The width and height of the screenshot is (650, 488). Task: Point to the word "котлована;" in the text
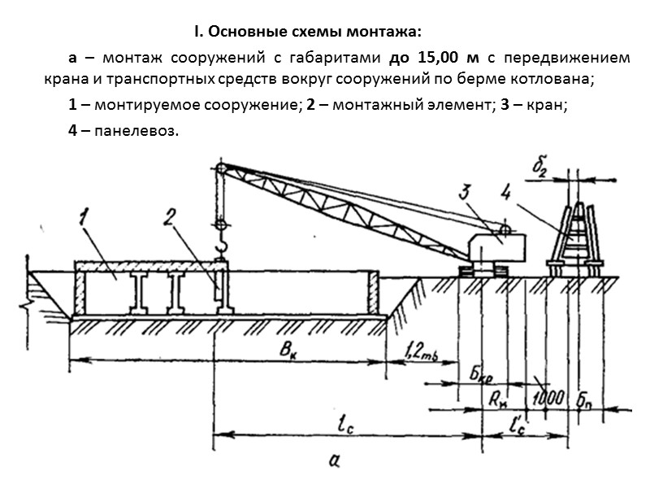554,80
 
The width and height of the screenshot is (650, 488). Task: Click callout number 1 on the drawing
84,217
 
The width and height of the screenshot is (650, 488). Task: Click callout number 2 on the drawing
168,217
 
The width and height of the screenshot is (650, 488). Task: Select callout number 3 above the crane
465,194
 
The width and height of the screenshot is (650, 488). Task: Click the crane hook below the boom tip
219,246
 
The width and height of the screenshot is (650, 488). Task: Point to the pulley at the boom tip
219,169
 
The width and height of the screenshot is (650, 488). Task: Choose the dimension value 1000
548,399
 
